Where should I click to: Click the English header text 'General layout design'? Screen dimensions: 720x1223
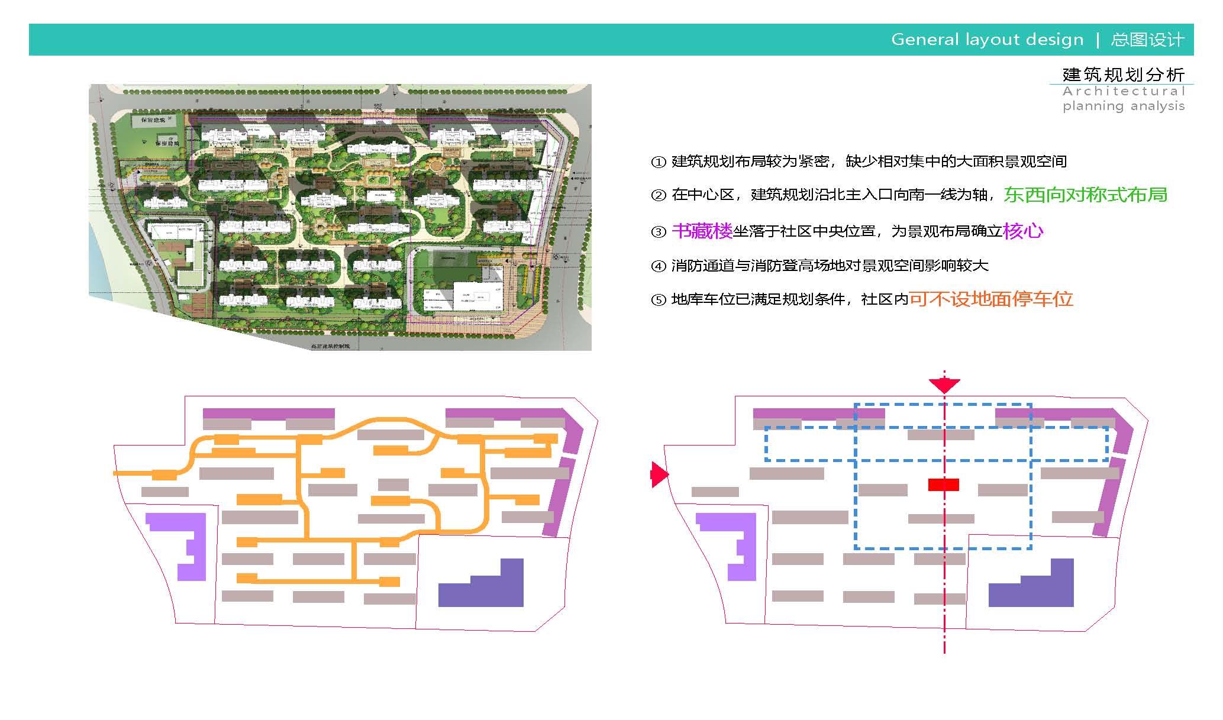click(x=987, y=40)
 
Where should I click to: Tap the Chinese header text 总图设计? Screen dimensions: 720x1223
click(x=1147, y=40)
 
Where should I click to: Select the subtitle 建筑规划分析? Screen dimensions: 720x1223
click(x=1123, y=75)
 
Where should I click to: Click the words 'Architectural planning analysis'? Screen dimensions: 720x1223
click(x=1124, y=99)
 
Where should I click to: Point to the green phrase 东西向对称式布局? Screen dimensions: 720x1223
click(x=1085, y=195)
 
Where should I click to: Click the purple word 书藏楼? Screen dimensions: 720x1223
click(x=702, y=231)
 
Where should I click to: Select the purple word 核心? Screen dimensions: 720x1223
click(x=1023, y=231)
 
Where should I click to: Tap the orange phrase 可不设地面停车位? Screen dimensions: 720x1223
click(x=991, y=299)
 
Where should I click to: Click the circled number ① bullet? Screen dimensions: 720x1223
click(x=658, y=162)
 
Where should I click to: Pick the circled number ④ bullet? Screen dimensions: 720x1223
click(x=658, y=266)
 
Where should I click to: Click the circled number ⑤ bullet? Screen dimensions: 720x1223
click(x=658, y=300)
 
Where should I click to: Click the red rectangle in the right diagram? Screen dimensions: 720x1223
click(x=943, y=485)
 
